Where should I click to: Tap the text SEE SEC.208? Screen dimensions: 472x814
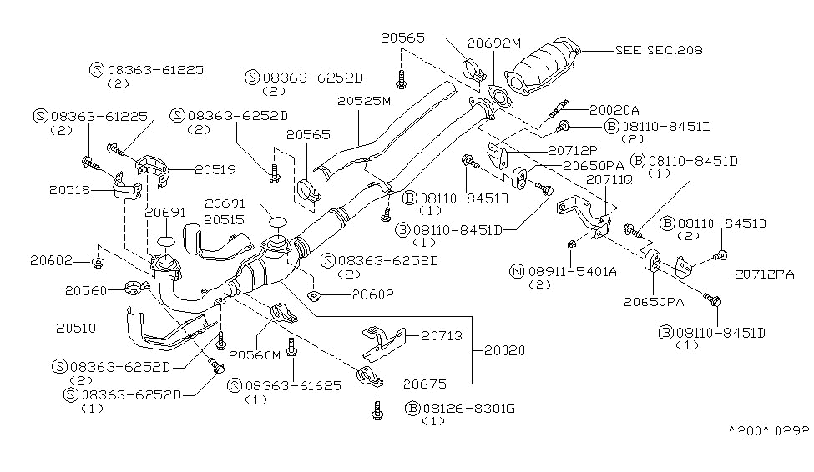click(658, 50)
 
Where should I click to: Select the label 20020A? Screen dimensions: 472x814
click(614, 109)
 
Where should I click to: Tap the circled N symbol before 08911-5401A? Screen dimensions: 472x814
click(518, 270)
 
